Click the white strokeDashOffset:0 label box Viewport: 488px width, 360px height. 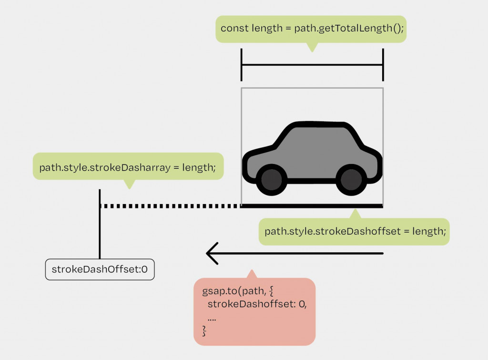click(100, 269)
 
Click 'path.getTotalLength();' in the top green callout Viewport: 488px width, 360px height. click(349, 29)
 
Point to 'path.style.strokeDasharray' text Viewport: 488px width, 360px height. click(105, 167)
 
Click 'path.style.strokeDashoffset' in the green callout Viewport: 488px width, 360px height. click(332, 231)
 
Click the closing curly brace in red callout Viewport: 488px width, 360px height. click(204, 331)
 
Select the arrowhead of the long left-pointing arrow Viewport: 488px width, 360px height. click(212, 254)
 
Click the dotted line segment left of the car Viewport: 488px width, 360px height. click(171, 206)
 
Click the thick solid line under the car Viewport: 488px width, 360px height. click(312, 206)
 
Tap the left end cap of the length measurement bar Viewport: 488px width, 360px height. click(242, 65)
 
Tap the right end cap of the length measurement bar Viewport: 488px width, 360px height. click(383, 65)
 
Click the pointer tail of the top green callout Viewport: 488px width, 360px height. click(312, 48)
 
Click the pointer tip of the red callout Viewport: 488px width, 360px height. click(252, 270)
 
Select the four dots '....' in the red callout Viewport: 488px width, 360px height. click(212, 319)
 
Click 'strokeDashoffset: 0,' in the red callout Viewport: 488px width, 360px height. click(257, 304)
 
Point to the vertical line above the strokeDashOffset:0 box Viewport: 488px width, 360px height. click(100, 224)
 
